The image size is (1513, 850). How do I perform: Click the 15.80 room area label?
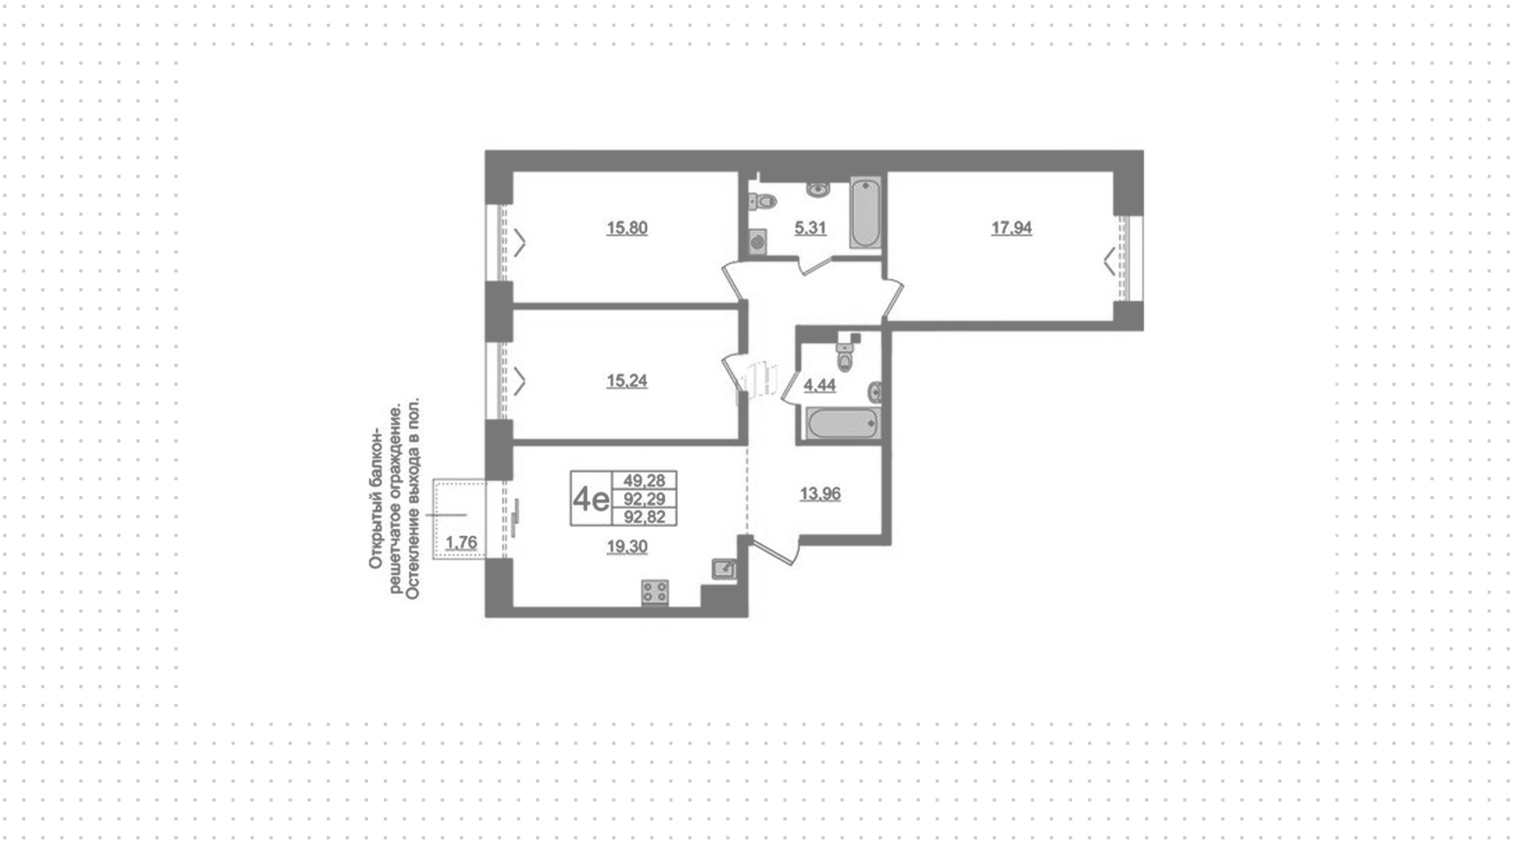(x=626, y=228)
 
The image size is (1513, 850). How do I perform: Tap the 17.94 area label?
(x=1011, y=228)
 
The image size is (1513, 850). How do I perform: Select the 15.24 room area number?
(x=626, y=381)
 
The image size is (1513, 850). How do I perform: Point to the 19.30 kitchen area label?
(x=626, y=546)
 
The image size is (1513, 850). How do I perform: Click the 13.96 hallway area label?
(x=820, y=494)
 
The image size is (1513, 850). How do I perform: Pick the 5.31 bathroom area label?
(x=810, y=228)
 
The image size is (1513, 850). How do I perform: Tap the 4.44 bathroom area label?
(x=820, y=386)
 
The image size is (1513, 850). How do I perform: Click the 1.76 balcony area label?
(x=461, y=542)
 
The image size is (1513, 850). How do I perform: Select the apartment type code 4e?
(x=591, y=498)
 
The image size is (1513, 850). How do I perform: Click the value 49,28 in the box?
(x=645, y=480)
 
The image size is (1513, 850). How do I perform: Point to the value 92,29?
(x=645, y=498)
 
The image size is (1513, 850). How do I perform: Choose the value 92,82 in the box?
(x=645, y=516)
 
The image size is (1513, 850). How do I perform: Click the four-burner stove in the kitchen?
(x=655, y=592)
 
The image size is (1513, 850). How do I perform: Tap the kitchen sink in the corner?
(x=723, y=569)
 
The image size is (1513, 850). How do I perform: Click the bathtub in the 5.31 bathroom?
(x=865, y=214)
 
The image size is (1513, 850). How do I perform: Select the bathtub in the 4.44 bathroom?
(x=842, y=423)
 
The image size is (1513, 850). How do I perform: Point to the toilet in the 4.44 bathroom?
(x=846, y=356)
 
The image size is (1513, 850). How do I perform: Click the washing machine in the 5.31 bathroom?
(x=757, y=241)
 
